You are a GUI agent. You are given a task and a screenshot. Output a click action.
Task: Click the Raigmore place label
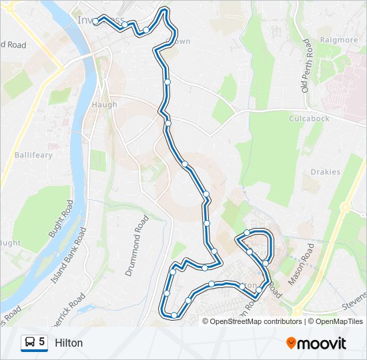pyautogui.click(x=339, y=40)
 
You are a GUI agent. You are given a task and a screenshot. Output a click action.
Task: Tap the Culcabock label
pyautogui.click(x=309, y=119)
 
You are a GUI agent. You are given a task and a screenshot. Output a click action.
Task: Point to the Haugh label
pyautogui.click(x=104, y=105)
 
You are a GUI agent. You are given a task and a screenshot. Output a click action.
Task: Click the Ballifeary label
pyautogui.click(x=32, y=155)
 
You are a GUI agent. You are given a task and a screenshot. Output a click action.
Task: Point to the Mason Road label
pyautogui.click(x=300, y=265)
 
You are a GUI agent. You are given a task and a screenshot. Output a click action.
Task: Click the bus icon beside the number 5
pyautogui.click(x=29, y=342)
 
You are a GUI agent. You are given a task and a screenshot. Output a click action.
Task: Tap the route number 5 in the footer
pyautogui.click(x=42, y=342)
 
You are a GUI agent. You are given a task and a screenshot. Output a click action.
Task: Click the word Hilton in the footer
pyautogui.click(x=69, y=343)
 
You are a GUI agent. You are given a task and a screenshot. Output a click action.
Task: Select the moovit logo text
pyautogui.click(x=323, y=343)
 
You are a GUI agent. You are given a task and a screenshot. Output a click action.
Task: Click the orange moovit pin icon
pyautogui.click(x=292, y=343)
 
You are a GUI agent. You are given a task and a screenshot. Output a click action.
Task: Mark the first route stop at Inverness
pyautogui.click(x=95, y=21)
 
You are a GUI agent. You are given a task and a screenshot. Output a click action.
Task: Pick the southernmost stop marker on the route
pyautogui.click(x=174, y=315)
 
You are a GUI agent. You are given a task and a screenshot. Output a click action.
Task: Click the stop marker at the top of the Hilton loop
pyautogui.click(x=247, y=232)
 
